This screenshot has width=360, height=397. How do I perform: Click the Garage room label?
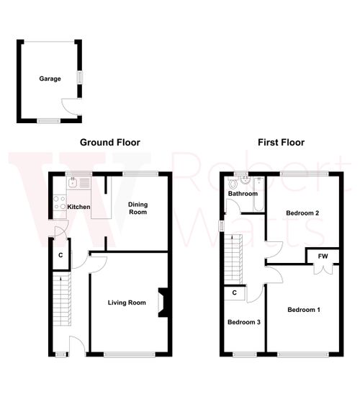[x=50, y=79]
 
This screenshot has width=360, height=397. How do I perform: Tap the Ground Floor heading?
[x=110, y=143]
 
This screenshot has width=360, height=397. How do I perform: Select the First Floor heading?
[x=281, y=143]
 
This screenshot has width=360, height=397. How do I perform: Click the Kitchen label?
[x=79, y=207]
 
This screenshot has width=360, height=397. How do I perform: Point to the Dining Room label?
[x=138, y=208]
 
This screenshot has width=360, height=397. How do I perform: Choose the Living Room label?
[x=127, y=303]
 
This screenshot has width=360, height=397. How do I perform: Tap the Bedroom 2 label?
[x=302, y=213]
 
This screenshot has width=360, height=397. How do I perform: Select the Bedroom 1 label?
[x=304, y=310]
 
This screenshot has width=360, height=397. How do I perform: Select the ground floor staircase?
[x=62, y=303]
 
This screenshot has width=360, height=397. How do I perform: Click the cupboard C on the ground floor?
[x=60, y=255]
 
